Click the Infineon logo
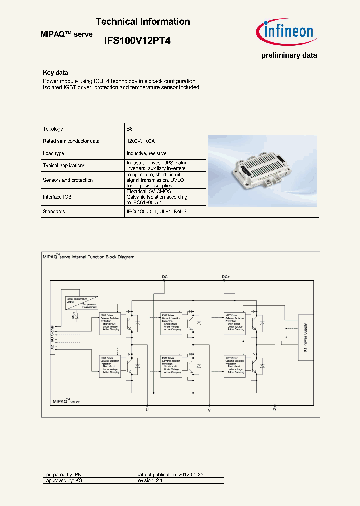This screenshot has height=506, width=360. coord(285,33)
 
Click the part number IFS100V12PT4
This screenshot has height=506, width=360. coord(137,42)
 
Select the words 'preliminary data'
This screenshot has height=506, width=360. coord(289,55)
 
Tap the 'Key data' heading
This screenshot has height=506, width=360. coord(55,73)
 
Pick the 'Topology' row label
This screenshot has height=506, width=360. coord(53,129)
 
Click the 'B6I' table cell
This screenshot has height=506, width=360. coord(131,129)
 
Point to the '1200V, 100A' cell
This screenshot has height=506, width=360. coord(141,141)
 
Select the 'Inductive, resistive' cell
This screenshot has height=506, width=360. coord(147,153)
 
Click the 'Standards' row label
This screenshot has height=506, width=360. coord(54,211)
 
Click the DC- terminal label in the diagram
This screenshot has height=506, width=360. coord(165,276)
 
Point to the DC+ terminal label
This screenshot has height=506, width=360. coord(226,276)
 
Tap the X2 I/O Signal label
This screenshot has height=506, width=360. coord(52,340)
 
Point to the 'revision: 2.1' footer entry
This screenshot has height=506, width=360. coord(150,480)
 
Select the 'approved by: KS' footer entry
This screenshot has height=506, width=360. coord(63,480)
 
